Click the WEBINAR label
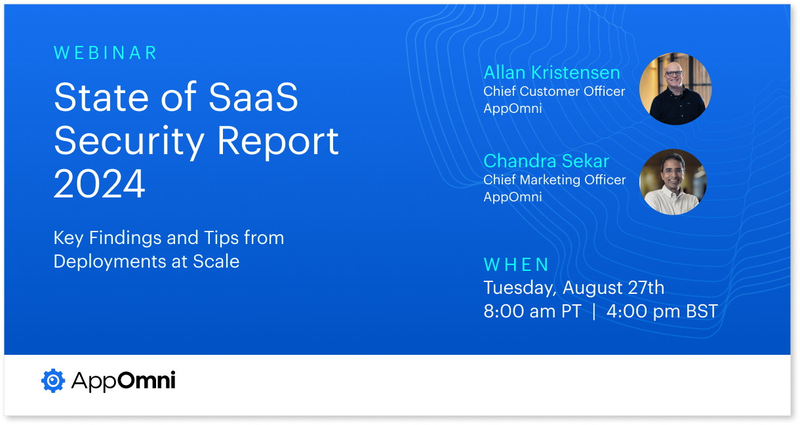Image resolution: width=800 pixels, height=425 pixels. [x=106, y=53]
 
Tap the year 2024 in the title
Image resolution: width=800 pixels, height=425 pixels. [x=100, y=184]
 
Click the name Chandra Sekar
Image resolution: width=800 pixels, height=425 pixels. [x=546, y=161]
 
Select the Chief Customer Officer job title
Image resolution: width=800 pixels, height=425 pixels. [x=554, y=91]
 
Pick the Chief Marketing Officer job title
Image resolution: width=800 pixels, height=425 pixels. [x=554, y=180]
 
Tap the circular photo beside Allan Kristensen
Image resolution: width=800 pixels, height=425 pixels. [x=675, y=89]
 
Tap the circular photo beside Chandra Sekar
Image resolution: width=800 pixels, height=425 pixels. [x=673, y=182]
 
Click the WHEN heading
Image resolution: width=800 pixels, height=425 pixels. [x=516, y=264]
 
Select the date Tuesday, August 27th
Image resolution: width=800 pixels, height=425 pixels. [x=574, y=287]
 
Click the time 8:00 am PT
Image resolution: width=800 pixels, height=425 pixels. [x=532, y=311]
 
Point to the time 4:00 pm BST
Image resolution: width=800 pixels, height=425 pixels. [x=662, y=311]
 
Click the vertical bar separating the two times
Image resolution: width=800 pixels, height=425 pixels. [x=594, y=311]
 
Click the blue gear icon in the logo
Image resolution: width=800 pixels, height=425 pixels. [x=52, y=380]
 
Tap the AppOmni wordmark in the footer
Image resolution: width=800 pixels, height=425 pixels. [x=123, y=380]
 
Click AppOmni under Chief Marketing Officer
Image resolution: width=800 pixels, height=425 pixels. [x=513, y=197]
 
